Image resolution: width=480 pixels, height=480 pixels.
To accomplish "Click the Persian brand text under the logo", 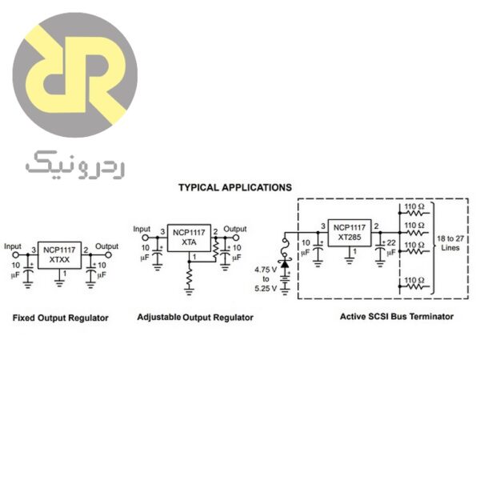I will click(74, 163).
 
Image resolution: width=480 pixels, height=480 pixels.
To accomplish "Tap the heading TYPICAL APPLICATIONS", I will click(234, 187).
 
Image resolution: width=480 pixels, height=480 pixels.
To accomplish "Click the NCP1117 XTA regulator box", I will click(189, 238).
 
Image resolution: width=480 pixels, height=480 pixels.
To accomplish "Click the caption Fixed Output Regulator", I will click(61, 318).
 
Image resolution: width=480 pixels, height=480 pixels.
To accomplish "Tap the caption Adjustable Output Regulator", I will click(195, 318).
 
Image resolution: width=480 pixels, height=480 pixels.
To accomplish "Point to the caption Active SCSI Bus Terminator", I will click(397, 317).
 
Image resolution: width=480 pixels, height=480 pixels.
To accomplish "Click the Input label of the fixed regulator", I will click(13, 246).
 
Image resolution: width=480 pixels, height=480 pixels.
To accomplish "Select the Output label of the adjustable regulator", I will click(235, 228).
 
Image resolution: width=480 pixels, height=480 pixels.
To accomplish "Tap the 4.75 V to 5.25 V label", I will click(265, 278).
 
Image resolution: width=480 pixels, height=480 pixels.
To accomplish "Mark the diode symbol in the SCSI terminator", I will click(283, 264).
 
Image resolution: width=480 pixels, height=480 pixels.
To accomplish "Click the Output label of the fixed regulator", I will click(106, 246).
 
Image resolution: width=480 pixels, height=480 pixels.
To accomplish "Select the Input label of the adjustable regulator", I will click(142, 228).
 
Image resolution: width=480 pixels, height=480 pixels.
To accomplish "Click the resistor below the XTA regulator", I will click(189, 278).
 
